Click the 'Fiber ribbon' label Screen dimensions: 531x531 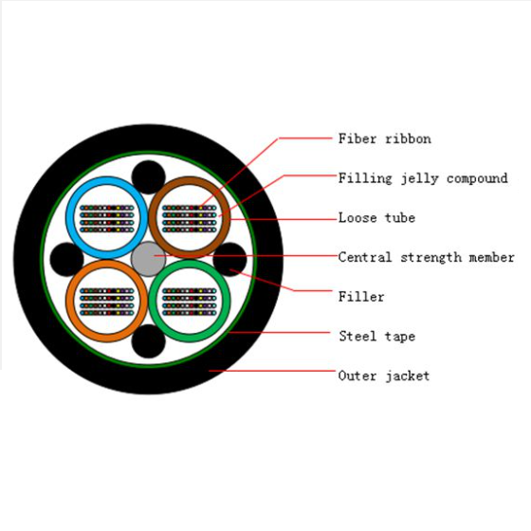coord(385,138)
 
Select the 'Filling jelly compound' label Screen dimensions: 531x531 coord(423,178)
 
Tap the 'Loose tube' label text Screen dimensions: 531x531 coord(377,218)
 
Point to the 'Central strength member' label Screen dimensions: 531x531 coord(427,257)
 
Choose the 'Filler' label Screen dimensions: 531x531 coord(361,297)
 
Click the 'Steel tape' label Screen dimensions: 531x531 coord(377,337)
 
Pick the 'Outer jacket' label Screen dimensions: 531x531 coord(384,375)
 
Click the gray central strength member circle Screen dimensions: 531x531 coord(148,259)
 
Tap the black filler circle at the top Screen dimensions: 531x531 coord(148,177)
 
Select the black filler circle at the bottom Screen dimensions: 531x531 coord(148,341)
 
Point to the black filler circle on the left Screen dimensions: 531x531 coord(66,259)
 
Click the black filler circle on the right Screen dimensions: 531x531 coord(229,259)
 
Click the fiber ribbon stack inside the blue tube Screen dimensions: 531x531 coord(107,219)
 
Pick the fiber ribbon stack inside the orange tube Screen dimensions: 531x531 coord(107,302)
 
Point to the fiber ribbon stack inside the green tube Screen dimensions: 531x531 coord(190,302)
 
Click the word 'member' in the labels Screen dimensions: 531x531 coord(492,257)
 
